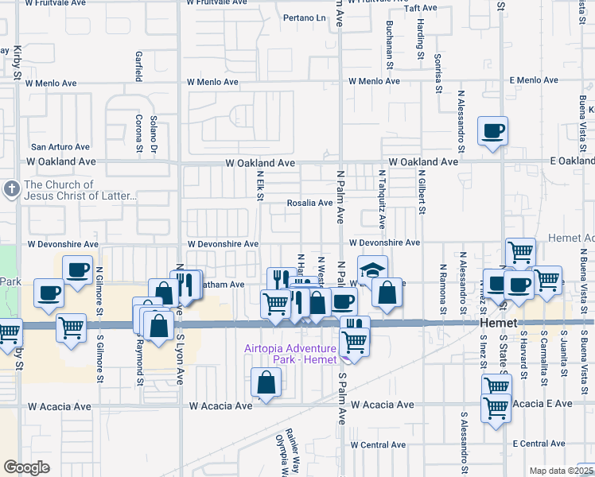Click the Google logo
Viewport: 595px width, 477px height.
pos(26,467)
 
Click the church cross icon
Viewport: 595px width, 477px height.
pos(11,189)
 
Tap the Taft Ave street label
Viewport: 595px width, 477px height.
pos(421,8)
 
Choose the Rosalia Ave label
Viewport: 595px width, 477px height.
pos(310,203)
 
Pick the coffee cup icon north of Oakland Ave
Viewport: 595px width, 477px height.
pos(492,130)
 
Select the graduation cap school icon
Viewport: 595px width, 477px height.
pos(371,269)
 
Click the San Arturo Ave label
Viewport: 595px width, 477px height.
pos(60,147)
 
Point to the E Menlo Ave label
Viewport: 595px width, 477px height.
pos(536,80)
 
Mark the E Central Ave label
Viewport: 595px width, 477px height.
pos(539,443)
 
